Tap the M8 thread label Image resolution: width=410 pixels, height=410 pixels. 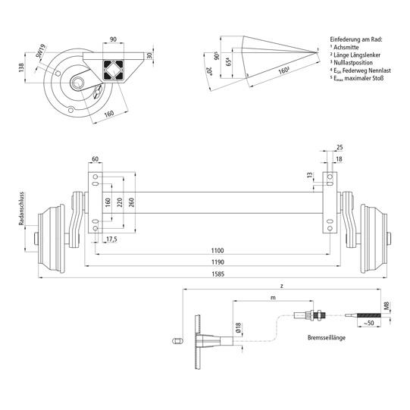387,307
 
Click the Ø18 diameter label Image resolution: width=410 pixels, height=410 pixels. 236,328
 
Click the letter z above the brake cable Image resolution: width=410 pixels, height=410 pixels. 281,286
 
